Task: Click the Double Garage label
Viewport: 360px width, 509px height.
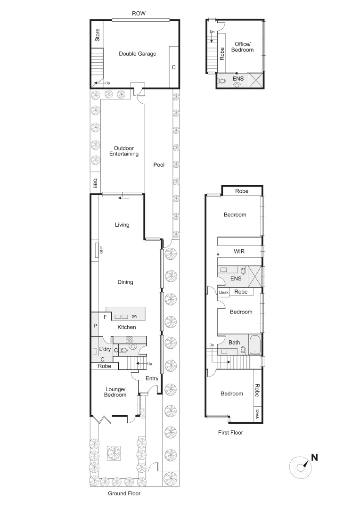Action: [x=137, y=54]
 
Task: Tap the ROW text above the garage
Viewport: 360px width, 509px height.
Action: [x=139, y=14]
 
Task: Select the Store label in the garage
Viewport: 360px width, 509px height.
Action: [x=98, y=35]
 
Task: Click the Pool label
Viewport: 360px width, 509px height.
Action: [x=159, y=165]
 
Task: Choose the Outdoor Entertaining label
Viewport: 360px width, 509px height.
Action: [x=124, y=151]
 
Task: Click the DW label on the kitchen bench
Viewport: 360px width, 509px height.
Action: [x=134, y=316]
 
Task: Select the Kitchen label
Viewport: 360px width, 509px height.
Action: [x=126, y=327]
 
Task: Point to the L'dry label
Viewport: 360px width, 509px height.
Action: [x=105, y=349]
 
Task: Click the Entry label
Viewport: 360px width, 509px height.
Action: [x=152, y=378]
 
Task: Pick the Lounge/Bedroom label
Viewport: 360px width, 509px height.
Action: [x=115, y=392]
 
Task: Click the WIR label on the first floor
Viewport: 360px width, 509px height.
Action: [x=239, y=252]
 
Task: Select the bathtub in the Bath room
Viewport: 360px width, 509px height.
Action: [x=254, y=345]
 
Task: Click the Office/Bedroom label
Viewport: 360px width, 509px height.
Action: [x=244, y=47]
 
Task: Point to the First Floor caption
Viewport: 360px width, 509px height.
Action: [x=230, y=432]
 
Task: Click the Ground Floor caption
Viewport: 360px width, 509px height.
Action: [x=124, y=493]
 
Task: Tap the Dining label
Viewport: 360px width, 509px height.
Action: [x=125, y=282]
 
